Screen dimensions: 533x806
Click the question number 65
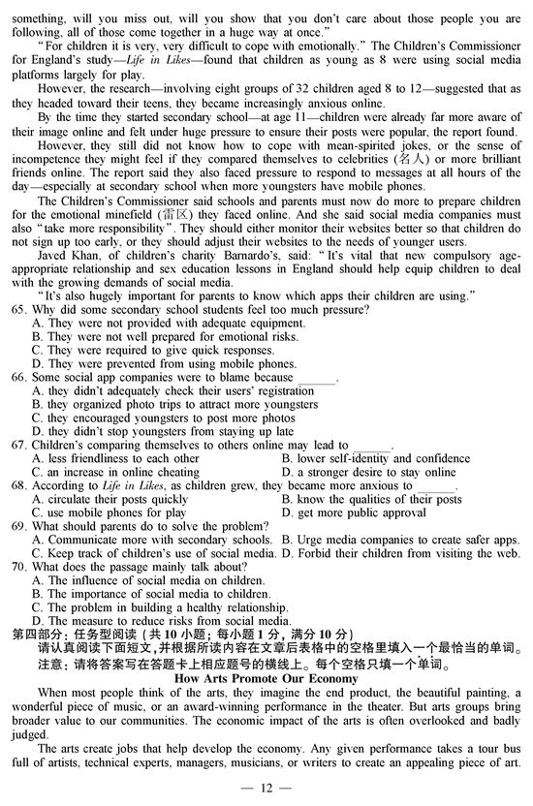pyautogui.click(x=17, y=309)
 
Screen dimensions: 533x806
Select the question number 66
pyautogui.click(x=17, y=377)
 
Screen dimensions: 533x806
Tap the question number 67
pyautogui.click(x=17, y=445)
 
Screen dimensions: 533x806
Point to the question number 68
pyautogui.click(x=17, y=485)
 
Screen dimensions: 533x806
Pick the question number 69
pyautogui.click(x=17, y=526)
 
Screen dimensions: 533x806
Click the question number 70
pyautogui.click(x=17, y=567)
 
